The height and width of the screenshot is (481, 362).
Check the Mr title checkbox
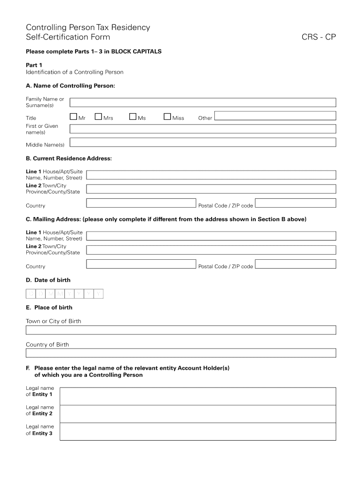(x=73, y=116)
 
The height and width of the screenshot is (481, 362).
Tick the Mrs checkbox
(x=98, y=116)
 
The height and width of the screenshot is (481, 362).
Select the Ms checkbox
(x=133, y=116)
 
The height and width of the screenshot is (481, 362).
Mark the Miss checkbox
(x=167, y=116)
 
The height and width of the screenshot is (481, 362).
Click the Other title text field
(x=275, y=116)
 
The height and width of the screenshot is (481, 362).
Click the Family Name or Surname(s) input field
(x=203, y=102)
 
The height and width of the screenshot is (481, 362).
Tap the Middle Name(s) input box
(x=203, y=142)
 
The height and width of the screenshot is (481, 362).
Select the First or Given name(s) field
(x=203, y=129)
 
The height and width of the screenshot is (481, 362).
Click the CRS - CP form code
(x=319, y=37)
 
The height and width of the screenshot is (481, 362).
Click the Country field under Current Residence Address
(x=141, y=203)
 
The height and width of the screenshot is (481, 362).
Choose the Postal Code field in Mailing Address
(x=296, y=264)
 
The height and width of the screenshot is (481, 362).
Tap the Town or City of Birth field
(x=181, y=330)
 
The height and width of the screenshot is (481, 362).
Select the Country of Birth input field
(x=181, y=353)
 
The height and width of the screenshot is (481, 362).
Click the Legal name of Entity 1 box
(x=197, y=396)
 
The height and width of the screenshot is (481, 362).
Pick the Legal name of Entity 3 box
(x=197, y=431)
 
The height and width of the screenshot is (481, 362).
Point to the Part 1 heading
(x=34, y=65)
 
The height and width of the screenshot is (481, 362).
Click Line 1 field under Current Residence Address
(x=211, y=175)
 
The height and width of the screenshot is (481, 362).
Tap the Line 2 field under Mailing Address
(x=211, y=250)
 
